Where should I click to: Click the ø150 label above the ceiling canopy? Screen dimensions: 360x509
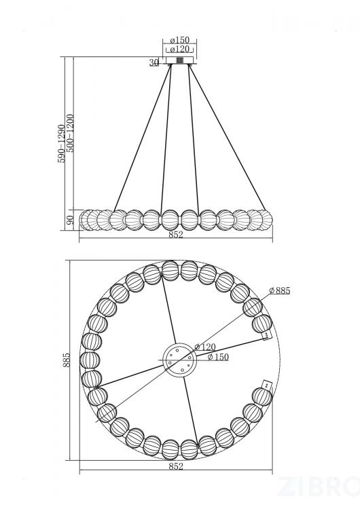pyautogui.click(x=180, y=40)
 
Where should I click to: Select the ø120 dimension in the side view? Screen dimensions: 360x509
pyautogui.click(x=180, y=50)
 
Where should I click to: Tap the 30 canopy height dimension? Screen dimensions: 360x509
pyautogui.click(x=154, y=62)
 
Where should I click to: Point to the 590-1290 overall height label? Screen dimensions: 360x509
pyautogui.click(x=61, y=143)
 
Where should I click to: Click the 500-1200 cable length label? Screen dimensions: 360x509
pyautogui.click(x=70, y=133)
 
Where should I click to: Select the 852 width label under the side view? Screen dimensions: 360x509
pyautogui.click(x=176, y=234)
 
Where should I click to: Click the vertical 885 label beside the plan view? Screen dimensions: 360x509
pyautogui.click(x=67, y=360)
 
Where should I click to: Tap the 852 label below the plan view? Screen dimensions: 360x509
pyautogui.click(x=176, y=466)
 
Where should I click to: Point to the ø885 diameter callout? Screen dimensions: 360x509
pyautogui.click(x=280, y=290)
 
